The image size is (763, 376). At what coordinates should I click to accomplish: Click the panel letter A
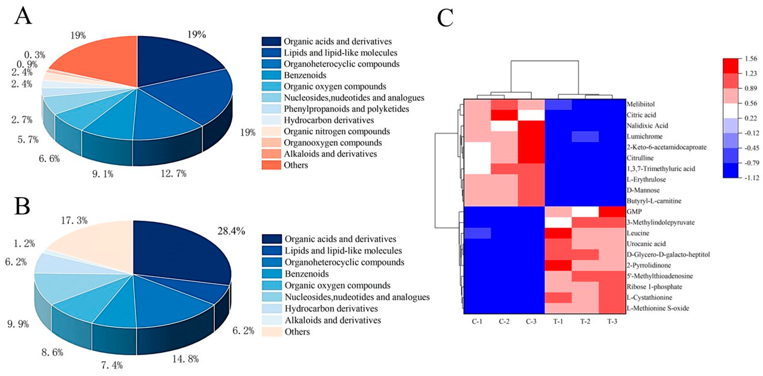(x=23, y=17)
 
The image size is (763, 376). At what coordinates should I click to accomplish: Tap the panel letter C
(x=445, y=17)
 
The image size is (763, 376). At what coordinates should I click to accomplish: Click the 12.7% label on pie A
(x=173, y=173)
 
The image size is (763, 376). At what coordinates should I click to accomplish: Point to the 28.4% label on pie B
(x=231, y=231)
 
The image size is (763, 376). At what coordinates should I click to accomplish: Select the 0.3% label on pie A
(x=35, y=55)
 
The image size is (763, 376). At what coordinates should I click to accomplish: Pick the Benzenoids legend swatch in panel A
(x=271, y=75)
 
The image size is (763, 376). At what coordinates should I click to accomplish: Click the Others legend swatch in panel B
(x=272, y=332)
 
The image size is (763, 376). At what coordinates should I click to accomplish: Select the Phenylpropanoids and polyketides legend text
(x=346, y=109)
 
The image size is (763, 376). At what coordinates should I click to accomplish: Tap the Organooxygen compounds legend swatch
(x=271, y=143)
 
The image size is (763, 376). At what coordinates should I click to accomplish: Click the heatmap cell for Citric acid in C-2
(x=504, y=115)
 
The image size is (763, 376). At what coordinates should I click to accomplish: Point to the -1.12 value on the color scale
(x=751, y=178)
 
